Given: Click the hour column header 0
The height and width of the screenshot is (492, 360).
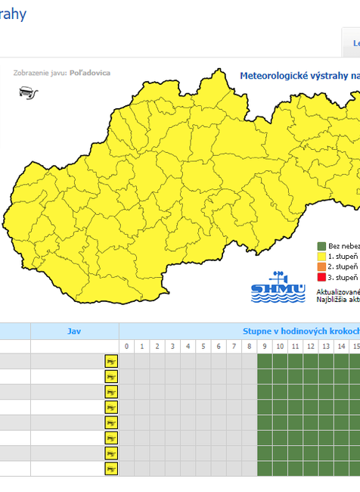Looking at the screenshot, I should [127, 347].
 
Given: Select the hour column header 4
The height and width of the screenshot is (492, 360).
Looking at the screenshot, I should [188, 347].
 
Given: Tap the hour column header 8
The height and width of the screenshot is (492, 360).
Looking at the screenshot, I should [249, 347].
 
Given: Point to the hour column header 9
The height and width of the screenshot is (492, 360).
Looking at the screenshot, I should [265, 347].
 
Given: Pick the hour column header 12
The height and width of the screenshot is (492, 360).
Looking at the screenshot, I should [310, 347].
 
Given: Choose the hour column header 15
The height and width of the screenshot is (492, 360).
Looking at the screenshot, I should [355, 347].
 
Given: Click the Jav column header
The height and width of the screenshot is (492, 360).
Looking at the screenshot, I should [74, 331].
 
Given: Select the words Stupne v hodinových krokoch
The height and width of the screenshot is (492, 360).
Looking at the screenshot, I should [300, 331].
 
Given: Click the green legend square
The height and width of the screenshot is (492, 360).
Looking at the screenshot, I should [321, 246].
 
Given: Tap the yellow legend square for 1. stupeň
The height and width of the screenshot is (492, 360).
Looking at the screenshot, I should [321, 257].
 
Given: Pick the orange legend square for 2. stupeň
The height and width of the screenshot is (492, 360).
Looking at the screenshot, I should [321, 266].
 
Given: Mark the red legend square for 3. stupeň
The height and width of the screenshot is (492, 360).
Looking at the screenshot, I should [321, 277].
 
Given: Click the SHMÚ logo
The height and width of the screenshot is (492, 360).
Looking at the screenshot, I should [278, 288].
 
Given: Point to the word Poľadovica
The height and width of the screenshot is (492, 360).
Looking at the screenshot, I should [90, 73].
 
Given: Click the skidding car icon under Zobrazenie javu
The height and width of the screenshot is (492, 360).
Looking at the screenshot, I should [28, 93].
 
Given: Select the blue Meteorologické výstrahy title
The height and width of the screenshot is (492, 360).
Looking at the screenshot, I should [299, 76].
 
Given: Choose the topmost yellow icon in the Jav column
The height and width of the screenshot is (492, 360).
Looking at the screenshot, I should [111, 361].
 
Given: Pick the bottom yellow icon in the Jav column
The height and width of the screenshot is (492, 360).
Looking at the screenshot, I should [111, 469].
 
